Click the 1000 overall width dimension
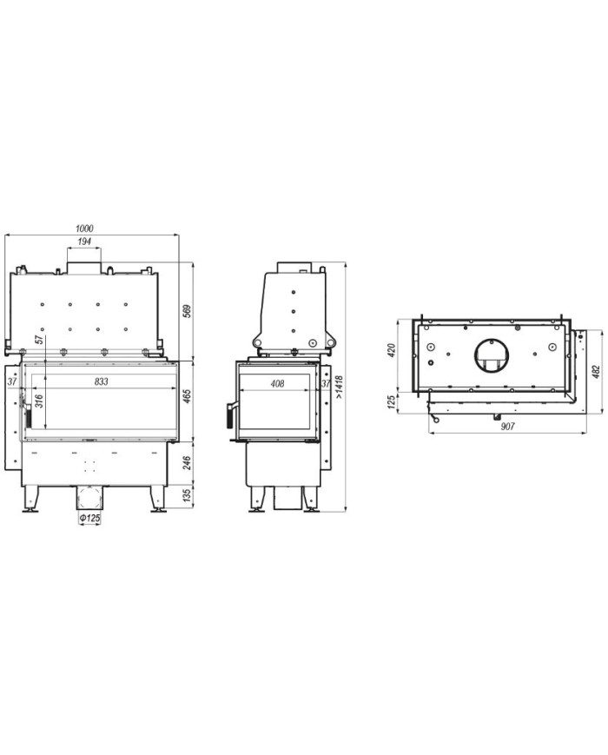tap(84, 228)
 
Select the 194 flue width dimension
tap(84, 242)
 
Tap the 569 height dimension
tap(188, 311)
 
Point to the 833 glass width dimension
tap(101, 381)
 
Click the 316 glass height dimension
tap(39, 401)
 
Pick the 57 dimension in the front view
tap(39, 339)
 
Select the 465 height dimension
tap(188, 396)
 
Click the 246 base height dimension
tap(188, 463)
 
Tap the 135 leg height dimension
tap(188, 496)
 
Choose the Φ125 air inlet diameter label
tap(89, 518)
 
